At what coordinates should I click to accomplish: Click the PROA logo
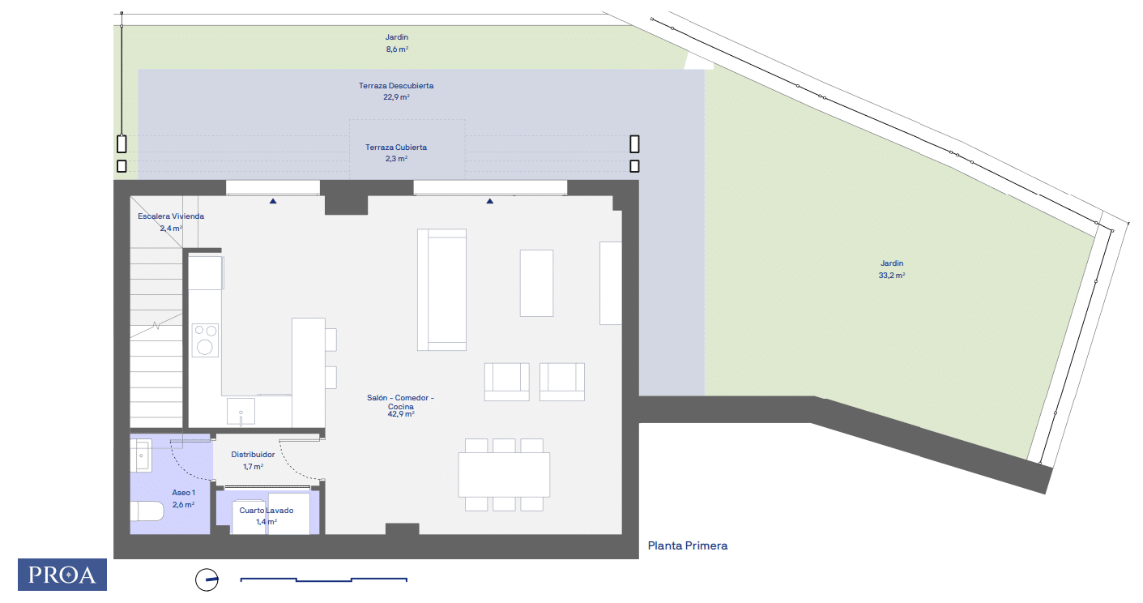[62, 575]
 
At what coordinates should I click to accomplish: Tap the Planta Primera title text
[688, 546]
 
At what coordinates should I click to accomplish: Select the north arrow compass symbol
[207, 579]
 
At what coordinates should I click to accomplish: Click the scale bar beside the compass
[324, 579]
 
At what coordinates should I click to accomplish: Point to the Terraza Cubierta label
[396, 148]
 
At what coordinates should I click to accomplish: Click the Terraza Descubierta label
[397, 85]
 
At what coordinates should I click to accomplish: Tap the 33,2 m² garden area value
[892, 276]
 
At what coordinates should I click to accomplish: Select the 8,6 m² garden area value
[397, 49]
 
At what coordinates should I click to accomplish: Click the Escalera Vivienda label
[171, 216]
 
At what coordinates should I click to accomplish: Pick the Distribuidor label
[253, 455]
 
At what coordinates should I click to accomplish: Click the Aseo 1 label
[183, 493]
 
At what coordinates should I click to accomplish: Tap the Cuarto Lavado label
[267, 511]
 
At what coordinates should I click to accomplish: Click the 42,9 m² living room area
[401, 414]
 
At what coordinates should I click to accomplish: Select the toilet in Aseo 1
[147, 511]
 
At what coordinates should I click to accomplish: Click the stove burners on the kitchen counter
[205, 340]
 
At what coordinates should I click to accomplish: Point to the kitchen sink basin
[241, 410]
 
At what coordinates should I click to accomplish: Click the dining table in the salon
[504, 474]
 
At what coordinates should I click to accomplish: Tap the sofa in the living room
[441, 289]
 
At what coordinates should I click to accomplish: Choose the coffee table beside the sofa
[536, 283]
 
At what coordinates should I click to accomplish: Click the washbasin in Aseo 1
[141, 455]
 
